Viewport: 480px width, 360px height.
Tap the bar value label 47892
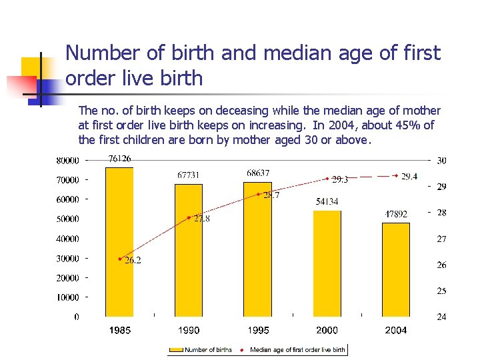click(x=396, y=214)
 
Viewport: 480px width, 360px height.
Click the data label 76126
click(x=119, y=159)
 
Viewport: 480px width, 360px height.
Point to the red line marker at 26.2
click(x=120, y=259)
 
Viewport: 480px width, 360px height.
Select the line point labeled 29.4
click(x=396, y=177)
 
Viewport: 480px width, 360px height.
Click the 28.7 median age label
click(x=271, y=195)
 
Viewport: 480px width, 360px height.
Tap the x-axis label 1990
click(x=189, y=331)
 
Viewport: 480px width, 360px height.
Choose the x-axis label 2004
click(x=396, y=331)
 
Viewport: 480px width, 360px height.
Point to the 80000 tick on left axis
click(x=67, y=160)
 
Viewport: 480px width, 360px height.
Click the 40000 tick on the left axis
click(x=67, y=239)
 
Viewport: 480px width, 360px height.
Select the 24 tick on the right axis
click(x=441, y=317)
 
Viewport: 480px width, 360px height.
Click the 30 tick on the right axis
click(x=441, y=160)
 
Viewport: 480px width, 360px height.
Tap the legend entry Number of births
click(x=207, y=349)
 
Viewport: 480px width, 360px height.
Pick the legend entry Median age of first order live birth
click(x=297, y=349)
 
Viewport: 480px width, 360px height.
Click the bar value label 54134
click(x=327, y=201)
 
